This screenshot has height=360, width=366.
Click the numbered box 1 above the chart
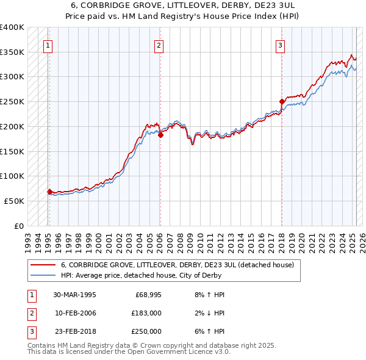[48, 45]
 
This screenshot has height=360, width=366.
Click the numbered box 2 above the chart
[159, 45]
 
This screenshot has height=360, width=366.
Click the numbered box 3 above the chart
[280, 45]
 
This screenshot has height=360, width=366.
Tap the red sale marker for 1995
[49, 192]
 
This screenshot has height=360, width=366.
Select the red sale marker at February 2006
[160, 135]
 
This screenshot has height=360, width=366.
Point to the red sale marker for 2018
[282, 102]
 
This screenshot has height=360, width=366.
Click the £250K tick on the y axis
[12, 101]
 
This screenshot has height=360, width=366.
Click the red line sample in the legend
[42, 265]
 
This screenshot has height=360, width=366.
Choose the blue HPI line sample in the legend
[42, 275]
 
